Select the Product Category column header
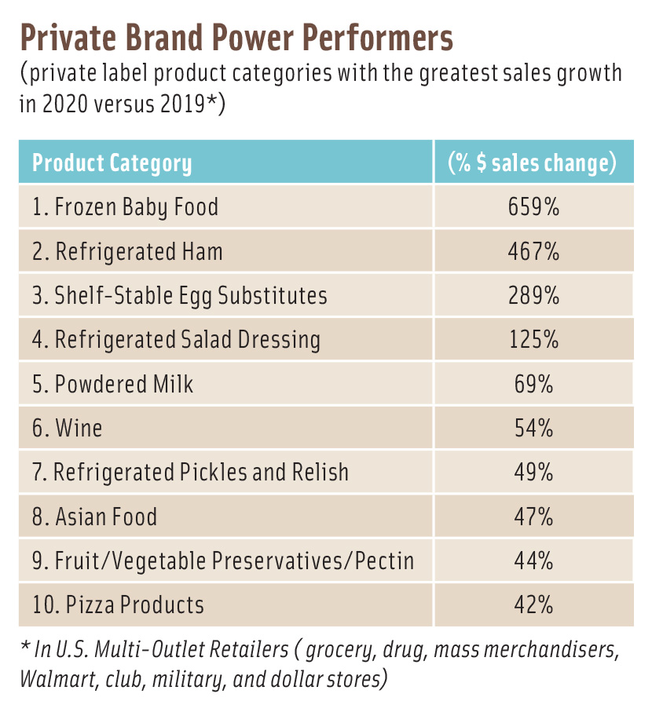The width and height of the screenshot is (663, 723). (112, 163)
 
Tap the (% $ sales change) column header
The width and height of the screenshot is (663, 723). (532, 163)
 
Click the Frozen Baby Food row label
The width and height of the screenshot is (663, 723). (126, 207)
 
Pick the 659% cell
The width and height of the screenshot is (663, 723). (533, 207)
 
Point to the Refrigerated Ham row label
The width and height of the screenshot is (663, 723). (128, 251)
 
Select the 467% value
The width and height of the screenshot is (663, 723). (533, 251)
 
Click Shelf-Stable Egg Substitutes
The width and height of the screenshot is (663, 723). (180, 296)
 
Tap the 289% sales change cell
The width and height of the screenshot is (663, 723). (533, 296)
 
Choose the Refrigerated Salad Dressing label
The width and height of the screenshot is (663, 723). (177, 340)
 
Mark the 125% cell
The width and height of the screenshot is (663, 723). (533, 340)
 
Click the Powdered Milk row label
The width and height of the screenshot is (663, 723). (113, 384)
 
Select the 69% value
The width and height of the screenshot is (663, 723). (533, 384)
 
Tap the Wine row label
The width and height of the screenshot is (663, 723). (68, 429)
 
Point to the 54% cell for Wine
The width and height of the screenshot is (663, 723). (533, 429)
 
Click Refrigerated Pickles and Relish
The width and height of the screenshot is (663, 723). (191, 473)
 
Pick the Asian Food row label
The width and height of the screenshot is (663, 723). (95, 517)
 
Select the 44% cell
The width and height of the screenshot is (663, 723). (533, 561)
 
